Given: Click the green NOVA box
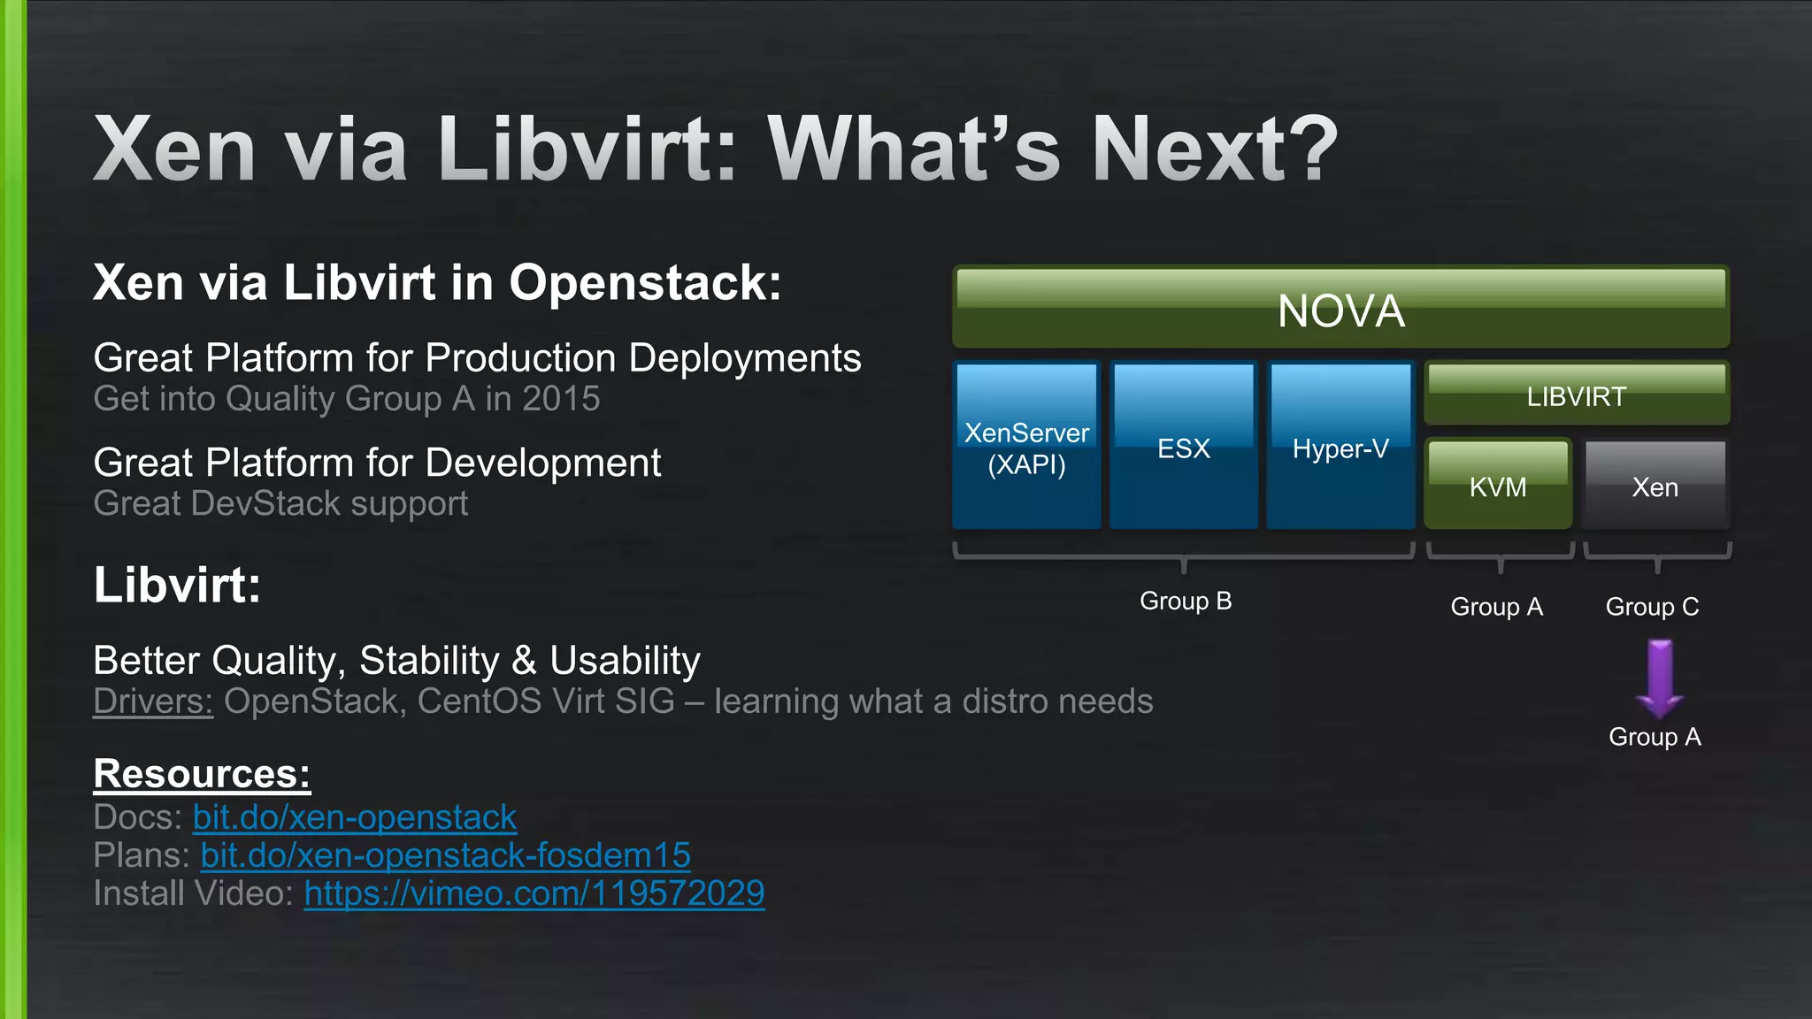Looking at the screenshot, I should click(x=1340, y=308).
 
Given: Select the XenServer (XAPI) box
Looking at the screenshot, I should click(x=1026, y=447).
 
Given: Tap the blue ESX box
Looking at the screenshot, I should click(x=1183, y=447).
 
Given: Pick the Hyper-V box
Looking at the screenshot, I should click(x=1340, y=447).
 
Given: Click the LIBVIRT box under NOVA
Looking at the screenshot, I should click(x=1577, y=395).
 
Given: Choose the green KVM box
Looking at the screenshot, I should click(x=1498, y=485).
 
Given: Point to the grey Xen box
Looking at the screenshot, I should click(x=1655, y=485).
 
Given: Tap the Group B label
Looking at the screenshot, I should click(x=1186, y=601).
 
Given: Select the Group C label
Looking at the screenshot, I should click(x=1653, y=607).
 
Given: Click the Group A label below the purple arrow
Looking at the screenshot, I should click(x=1655, y=737).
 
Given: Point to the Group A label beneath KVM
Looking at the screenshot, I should click(x=1497, y=607).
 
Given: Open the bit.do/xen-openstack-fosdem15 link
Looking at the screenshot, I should click(x=445, y=855).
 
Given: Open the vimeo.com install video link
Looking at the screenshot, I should click(x=534, y=893).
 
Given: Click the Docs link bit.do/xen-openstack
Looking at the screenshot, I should click(x=354, y=817).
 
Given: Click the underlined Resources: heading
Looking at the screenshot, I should click(x=202, y=774).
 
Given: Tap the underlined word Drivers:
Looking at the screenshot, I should click(x=153, y=701).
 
